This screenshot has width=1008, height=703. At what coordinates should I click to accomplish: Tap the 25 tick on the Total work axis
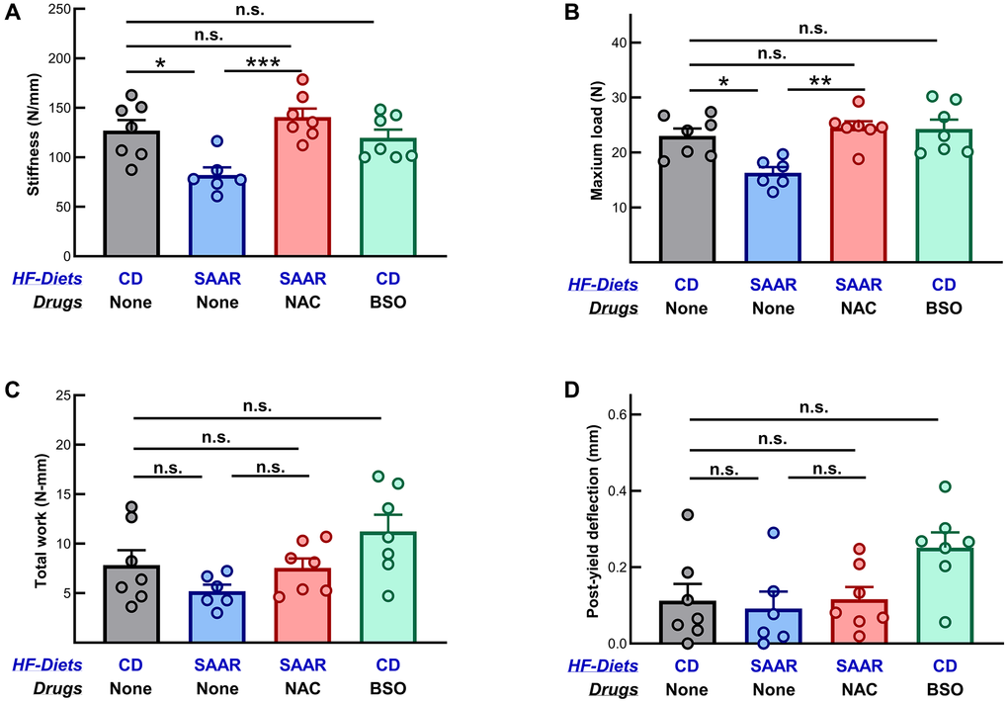[x=69, y=395]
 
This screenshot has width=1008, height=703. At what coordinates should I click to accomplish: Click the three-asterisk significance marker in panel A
[x=261, y=64]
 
